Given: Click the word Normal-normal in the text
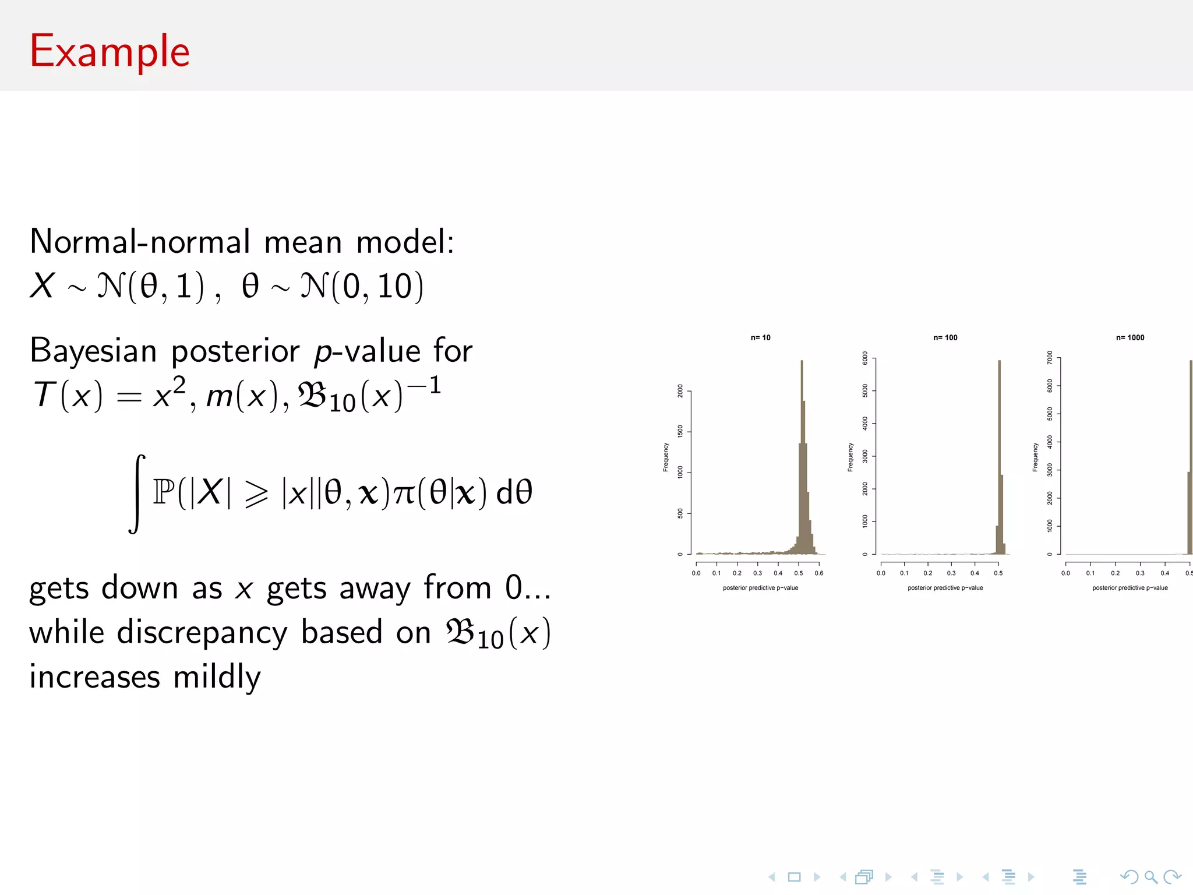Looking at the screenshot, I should [x=140, y=241].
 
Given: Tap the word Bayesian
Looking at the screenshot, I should [x=93, y=351].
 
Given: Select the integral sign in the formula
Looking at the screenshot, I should [x=136, y=494].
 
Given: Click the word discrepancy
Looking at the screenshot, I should [x=202, y=632].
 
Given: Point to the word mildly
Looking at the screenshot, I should [x=217, y=677].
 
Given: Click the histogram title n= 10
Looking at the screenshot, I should [x=760, y=338].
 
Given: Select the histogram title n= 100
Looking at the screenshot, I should [x=945, y=338].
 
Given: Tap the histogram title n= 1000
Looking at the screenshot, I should [x=1130, y=338].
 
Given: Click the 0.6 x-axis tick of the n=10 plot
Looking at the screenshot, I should [x=819, y=573].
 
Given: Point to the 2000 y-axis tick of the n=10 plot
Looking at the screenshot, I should [x=680, y=391].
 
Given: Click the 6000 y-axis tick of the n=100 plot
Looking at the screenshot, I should [x=865, y=358].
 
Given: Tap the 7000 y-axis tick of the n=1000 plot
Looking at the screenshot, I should [x=1050, y=358].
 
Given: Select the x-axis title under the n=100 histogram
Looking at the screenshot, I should [x=945, y=588].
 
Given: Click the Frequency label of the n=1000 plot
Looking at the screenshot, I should [x=1035, y=457].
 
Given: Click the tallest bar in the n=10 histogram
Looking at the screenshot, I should [x=802, y=457].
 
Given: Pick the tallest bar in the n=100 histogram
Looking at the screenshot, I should [x=999, y=457].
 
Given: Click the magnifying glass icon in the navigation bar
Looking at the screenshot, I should [x=1150, y=877].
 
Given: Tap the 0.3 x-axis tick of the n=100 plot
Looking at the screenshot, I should [x=951, y=573].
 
